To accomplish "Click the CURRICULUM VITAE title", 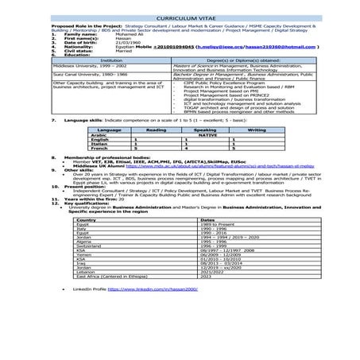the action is pyautogui.click(x=180, y=16).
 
